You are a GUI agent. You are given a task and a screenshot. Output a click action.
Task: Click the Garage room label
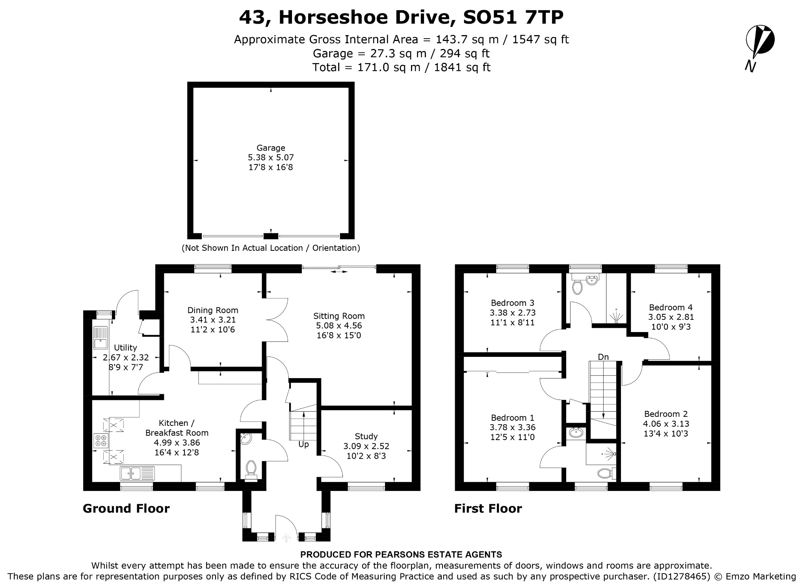click(x=271, y=148)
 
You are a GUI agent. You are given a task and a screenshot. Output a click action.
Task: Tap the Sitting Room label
click(x=339, y=316)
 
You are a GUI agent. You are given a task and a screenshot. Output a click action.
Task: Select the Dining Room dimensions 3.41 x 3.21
click(x=213, y=320)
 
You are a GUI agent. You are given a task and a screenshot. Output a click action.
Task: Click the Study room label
click(x=366, y=436)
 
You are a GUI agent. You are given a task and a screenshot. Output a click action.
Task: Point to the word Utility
click(x=125, y=347)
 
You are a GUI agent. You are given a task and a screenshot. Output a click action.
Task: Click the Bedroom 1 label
click(x=513, y=418)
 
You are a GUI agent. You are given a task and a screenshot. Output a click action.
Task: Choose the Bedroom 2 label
click(x=666, y=414)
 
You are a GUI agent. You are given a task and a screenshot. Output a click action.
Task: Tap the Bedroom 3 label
click(x=513, y=303)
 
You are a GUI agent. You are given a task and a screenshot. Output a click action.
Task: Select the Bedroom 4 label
click(x=671, y=307)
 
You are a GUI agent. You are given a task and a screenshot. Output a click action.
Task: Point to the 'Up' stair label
click(x=303, y=444)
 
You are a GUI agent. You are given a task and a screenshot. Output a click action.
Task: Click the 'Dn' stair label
click(x=603, y=357)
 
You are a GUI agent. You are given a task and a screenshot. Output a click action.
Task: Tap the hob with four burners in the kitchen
click(x=100, y=440)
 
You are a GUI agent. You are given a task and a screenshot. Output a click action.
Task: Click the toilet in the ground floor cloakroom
click(x=251, y=469)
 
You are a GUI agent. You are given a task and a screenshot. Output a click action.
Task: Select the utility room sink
click(x=101, y=338)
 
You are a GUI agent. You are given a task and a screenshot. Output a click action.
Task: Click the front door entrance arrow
click(x=286, y=537)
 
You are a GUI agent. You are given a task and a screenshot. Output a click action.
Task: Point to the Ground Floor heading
click(x=126, y=508)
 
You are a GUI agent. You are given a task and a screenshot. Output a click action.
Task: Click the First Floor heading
click(x=488, y=508)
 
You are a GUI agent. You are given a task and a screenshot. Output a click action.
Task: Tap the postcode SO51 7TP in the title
click(x=513, y=17)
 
